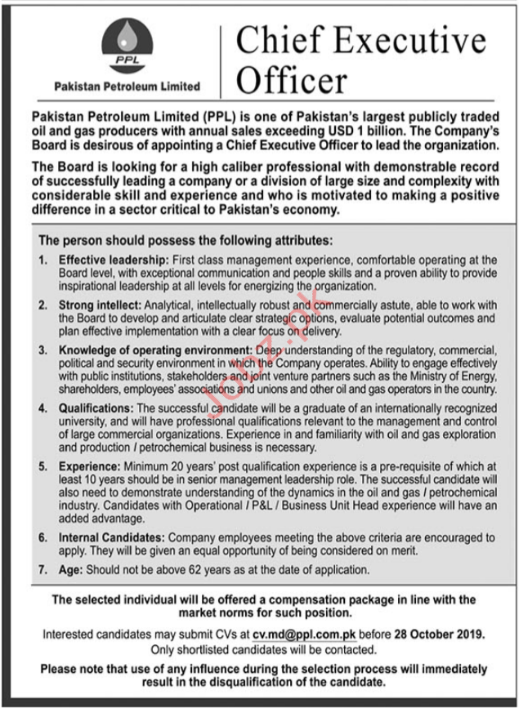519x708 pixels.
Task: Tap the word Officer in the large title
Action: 290,80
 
